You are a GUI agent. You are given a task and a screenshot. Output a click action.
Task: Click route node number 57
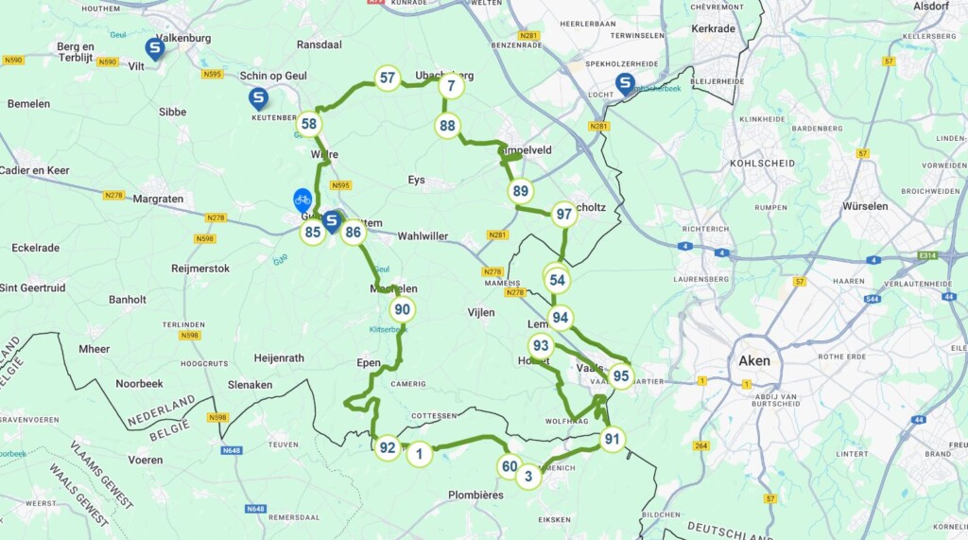(x=387, y=78)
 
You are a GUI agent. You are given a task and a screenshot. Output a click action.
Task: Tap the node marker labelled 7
(x=452, y=86)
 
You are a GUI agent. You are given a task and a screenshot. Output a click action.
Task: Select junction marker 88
(x=448, y=125)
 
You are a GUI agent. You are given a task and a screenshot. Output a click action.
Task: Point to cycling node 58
(x=309, y=124)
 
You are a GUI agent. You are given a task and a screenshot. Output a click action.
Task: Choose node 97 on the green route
(x=564, y=214)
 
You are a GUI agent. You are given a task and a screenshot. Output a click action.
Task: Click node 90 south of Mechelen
(x=403, y=308)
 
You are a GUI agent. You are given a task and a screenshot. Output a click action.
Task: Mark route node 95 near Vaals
(x=620, y=375)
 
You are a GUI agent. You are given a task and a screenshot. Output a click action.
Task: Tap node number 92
(x=387, y=447)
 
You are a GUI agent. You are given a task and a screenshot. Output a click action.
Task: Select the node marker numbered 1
(x=419, y=454)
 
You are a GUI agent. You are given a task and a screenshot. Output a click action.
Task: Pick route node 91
(x=613, y=438)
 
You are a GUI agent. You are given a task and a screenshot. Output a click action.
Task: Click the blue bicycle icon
(x=302, y=199)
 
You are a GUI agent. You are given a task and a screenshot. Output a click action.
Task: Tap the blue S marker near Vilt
(x=154, y=48)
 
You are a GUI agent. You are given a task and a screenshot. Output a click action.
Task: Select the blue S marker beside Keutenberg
(x=258, y=96)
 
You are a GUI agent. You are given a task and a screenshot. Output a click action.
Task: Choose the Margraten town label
(x=158, y=199)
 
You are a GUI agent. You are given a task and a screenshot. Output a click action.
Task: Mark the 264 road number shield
(x=700, y=445)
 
